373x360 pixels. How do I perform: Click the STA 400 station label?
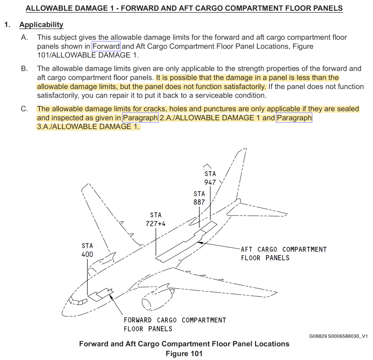[x=87, y=250]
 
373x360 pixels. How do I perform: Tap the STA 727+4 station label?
[x=155, y=220]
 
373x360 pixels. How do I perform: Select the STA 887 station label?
[x=199, y=198]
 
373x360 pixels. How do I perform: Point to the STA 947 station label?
[x=210, y=178]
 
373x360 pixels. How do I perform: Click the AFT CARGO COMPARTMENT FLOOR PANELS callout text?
[x=283, y=254]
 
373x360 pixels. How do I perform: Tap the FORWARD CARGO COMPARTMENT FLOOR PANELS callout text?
[x=174, y=324]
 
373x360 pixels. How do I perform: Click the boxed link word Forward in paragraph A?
[x=106, y=46]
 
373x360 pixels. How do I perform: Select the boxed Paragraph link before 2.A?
[x=140, y=118]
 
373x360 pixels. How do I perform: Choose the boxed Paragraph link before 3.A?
[x=294, y=118]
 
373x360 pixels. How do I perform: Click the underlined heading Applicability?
[x=41, y=25]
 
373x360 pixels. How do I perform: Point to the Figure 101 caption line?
[x=184, y=353]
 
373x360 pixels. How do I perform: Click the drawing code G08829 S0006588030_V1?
[x=338, y=336]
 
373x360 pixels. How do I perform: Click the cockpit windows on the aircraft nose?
[x=78, y=301]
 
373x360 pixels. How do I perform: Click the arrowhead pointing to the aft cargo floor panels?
[x=199, y=242]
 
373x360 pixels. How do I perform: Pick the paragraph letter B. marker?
[x=25, y=69]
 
